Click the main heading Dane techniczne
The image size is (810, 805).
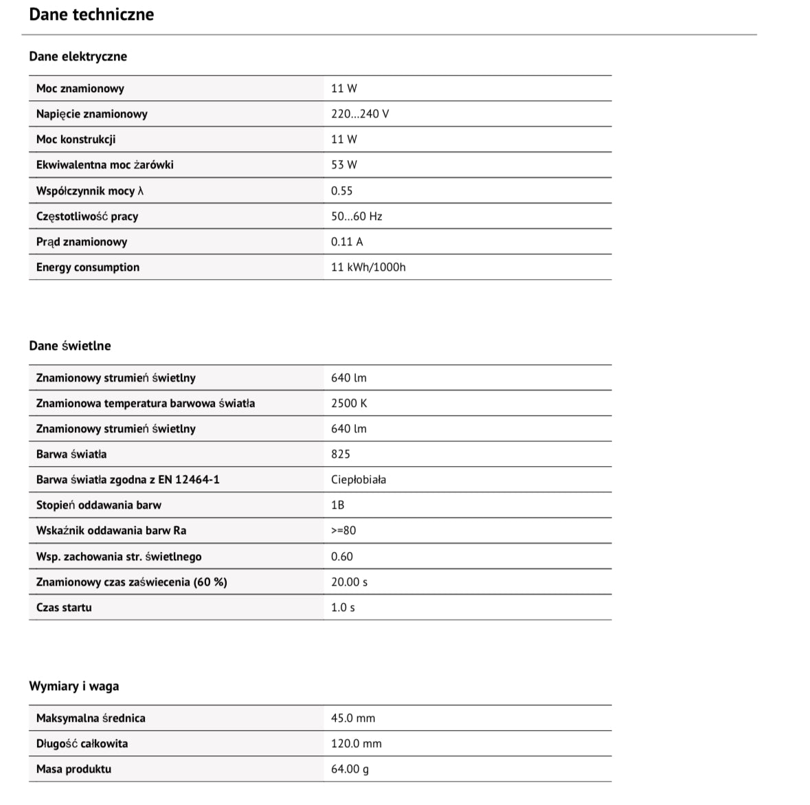(91, 14)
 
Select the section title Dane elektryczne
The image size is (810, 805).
(78, 56)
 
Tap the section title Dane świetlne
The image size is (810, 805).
(69, 346)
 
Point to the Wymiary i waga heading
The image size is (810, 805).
(74, 686)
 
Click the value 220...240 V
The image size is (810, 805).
(359, 114)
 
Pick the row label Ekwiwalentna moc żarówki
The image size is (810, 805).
(104, 165)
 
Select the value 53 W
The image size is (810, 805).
(344, 165)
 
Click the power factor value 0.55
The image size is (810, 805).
(341, 191)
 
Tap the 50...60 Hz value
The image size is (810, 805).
(356, 217)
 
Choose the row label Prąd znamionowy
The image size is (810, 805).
(81, 242)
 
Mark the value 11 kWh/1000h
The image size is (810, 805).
(368, 267)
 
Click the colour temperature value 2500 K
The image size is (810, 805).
(348, 404)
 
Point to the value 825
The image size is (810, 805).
(340, 454)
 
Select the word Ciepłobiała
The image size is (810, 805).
(358, 480)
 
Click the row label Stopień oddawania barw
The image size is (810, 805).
(98, 505)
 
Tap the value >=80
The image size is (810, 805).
(343, 531)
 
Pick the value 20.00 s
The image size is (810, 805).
(348, 582)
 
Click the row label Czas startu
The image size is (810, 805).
(63, 608)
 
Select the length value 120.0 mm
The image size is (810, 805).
(356, 744)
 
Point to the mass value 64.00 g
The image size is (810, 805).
(349, 769)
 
